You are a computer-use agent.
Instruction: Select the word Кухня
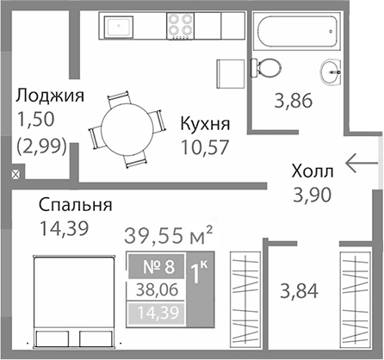[205, 123]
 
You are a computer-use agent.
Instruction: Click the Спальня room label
[76, 206]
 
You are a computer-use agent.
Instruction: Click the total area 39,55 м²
[169, 234]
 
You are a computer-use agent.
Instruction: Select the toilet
[266, 65]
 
